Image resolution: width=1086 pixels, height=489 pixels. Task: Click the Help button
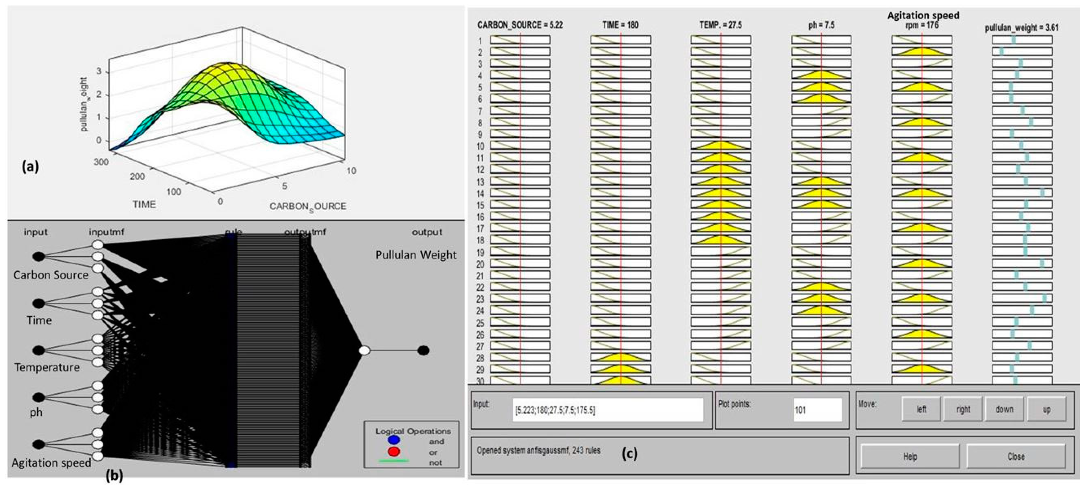click(910, 456)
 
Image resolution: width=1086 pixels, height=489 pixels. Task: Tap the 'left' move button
click(921, 409)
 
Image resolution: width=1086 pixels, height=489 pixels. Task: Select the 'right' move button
click(963, 409)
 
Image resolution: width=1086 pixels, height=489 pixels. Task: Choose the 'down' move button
click(1004, 409)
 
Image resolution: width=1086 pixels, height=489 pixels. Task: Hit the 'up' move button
click(1046, 409)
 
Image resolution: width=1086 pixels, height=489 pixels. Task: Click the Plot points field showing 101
click(817, 410)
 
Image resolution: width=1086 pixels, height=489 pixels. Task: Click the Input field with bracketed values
click(607, 410)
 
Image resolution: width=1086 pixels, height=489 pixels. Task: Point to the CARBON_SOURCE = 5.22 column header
click(520, 25)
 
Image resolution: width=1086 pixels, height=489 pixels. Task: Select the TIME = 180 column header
click(620, 25)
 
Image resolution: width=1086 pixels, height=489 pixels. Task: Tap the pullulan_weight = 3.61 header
click(1021, 28)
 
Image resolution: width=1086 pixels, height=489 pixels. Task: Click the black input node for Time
click(38, 303)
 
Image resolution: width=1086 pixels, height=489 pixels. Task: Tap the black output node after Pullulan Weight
click(423, 350)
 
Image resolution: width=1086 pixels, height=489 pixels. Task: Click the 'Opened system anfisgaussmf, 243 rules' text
click(538, 450)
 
